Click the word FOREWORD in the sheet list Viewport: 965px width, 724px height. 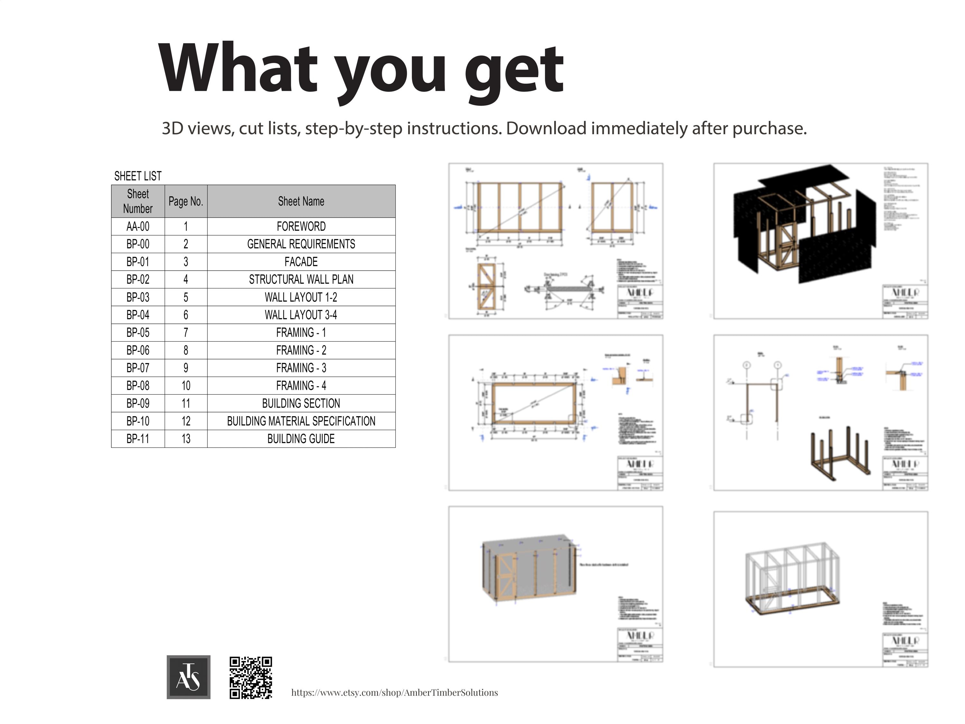[x=301, y=226]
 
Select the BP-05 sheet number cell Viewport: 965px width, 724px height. [x=138, y=332]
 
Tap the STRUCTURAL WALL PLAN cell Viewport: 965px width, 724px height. [x=301, y=279]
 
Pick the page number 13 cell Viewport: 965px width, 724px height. [x=186, y=439]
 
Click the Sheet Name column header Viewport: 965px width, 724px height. [x=301, y=201]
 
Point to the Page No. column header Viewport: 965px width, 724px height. [x=186, y=201]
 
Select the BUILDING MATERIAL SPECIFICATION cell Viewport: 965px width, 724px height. [x=301, y=421]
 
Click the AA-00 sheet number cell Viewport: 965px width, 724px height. [x=138, y=226]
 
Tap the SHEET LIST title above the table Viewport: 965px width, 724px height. [x=138, y=176]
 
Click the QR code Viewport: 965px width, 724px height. [x=251, y=677]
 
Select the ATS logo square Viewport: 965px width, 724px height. [x=188, y=677]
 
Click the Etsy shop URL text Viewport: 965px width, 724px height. [x=394, y=692]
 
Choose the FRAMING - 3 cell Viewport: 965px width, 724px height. [x=301, y=368]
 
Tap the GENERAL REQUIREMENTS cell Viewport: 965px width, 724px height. [x=301, y=244]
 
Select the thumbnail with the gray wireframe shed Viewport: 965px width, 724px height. [x=821, y=588]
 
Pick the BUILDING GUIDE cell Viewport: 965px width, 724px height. [x=301, y=439]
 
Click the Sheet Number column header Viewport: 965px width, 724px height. [x=138, y=201]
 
